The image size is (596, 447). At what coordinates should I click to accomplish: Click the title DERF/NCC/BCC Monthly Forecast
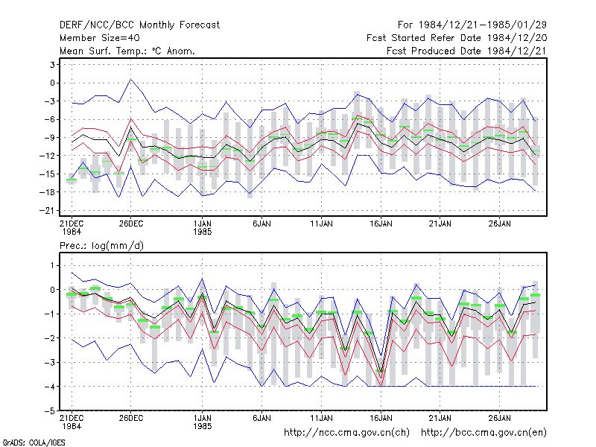tap(139, 25)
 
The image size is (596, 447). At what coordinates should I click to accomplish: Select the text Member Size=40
tap(100, 38)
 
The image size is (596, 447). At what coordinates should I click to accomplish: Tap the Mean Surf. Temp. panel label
tap(127, 51)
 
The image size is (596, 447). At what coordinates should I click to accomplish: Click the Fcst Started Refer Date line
tap(457, 38)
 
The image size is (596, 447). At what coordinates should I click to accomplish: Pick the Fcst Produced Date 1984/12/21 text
tap(467, 51)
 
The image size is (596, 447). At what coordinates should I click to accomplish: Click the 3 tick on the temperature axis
tap(52, 65)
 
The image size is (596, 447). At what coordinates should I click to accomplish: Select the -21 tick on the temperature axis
tap(48, 211)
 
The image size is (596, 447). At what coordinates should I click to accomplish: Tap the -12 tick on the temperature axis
tap(48, 156)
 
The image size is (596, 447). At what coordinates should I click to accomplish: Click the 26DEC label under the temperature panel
tap(131, 223)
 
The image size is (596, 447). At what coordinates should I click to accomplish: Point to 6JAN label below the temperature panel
tap(262, 223)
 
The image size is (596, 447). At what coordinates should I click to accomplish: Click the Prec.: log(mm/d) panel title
tap(101, 246)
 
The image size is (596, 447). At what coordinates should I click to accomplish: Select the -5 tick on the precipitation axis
tap(50, 411)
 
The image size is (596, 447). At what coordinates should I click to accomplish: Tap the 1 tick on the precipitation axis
tap(52, 265)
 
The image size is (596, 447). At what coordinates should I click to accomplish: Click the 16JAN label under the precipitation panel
tap(381, 418)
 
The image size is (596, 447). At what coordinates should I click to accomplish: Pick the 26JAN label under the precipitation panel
tap(500, 418)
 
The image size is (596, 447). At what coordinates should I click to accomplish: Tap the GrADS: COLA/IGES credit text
tap(34, 443)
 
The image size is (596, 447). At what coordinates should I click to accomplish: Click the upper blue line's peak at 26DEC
tap(131, 79)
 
